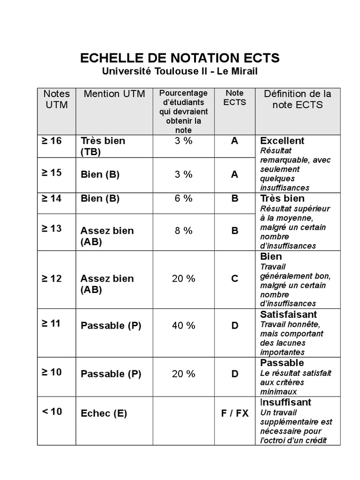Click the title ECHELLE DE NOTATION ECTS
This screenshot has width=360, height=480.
180,58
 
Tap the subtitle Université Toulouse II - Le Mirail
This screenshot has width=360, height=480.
180,72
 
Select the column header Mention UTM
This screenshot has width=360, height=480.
114,94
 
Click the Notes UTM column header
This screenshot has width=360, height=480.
56,99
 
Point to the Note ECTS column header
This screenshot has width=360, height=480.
234,97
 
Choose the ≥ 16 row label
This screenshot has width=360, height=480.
52,141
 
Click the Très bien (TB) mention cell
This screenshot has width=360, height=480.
103,146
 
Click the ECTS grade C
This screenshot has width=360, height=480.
235,278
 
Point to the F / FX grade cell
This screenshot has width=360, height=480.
235,413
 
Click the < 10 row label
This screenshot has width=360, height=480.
52,412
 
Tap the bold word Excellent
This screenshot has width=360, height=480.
282,141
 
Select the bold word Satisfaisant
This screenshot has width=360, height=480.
288,314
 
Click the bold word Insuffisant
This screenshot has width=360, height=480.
285,402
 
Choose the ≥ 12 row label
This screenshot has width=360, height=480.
52,278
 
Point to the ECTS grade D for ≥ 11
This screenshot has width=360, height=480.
235,325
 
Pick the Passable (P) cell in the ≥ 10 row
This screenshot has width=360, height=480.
111,374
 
